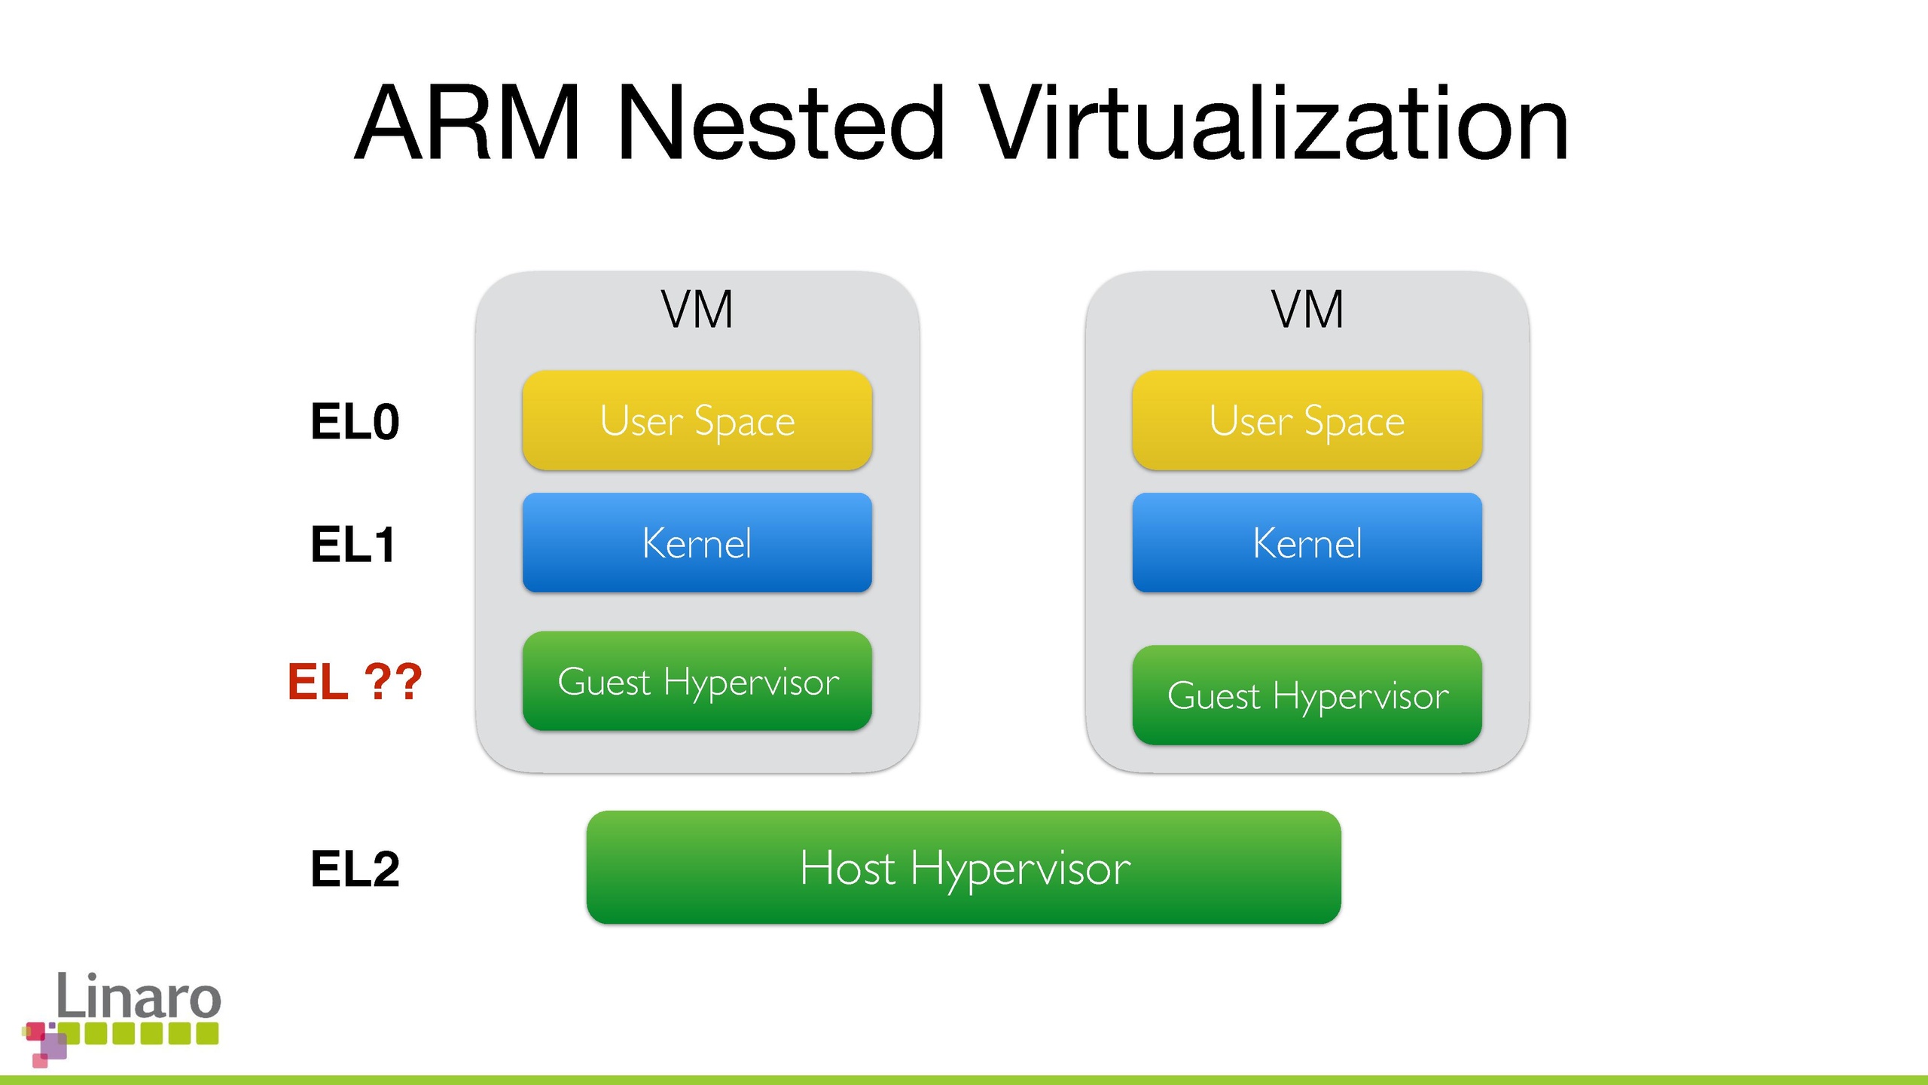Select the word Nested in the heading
[x=780, y=124]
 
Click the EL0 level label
[x=355, y=422]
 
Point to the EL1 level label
[x=353, y=545]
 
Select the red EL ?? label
[x=355, y=683]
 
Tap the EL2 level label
[x=355, y=869]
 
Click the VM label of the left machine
[x=697, y=310]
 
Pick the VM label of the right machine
[x=1307, y=310]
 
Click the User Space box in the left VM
[x=697, y=420]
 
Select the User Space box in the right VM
[x=1307, y=420]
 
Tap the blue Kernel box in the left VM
[x=697, y=543]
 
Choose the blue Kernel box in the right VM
[x=1307, y=543]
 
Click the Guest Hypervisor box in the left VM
[x=697, y=681]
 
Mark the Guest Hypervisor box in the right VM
[x=1307, y=695]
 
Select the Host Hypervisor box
[x=963, y=867]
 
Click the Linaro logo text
[x=139, y=995]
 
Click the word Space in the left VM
[x=744, y=422]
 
